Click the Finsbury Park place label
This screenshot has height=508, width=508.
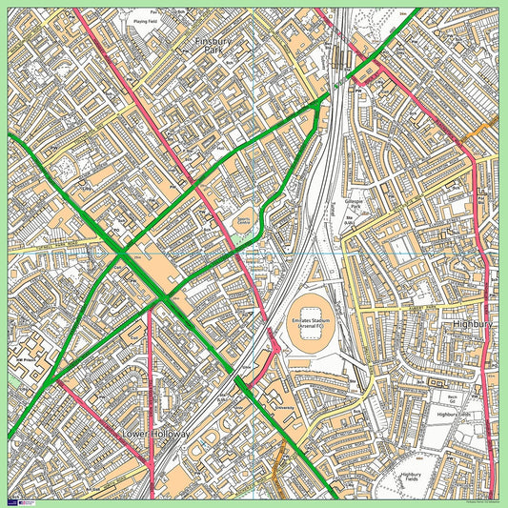[x=207, y=47]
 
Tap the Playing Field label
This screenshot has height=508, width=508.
[x=145, y=20]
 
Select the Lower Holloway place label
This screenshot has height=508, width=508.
[x=156, y=434]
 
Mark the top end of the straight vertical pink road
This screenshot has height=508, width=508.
[x=151, y=310]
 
